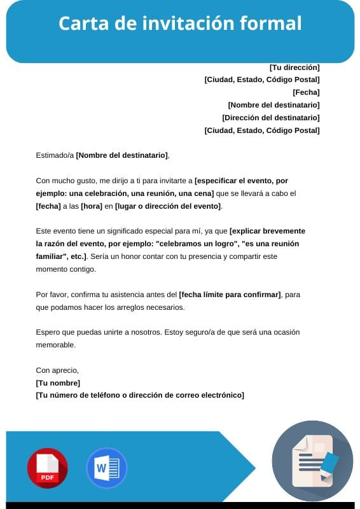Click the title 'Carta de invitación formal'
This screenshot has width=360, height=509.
180,24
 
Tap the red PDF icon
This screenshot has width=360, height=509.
47,468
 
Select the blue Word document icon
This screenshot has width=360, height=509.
106,468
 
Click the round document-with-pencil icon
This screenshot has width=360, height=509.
312,461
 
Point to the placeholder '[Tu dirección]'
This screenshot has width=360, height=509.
294,67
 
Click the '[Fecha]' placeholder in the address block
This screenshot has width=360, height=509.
306,92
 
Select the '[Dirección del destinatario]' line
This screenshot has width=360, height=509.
271,118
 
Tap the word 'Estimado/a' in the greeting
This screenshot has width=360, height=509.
55,155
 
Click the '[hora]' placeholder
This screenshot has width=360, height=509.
92,206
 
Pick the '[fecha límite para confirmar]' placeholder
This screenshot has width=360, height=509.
230,295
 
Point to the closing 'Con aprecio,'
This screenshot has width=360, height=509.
57,370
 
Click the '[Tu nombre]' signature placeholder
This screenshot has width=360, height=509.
58,382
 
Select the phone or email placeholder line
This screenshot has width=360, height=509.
140,395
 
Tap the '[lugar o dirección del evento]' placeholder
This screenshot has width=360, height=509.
168,206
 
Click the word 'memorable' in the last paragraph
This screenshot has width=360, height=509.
55,345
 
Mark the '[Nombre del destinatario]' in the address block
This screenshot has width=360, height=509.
273,105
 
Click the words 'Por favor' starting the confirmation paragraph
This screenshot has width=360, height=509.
50,295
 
